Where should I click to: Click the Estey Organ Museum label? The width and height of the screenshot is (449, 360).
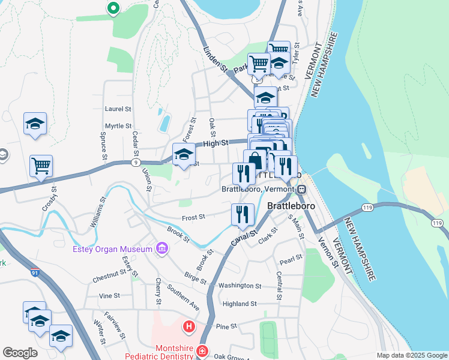tap(112, 250)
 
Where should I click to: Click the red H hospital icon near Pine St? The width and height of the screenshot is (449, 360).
tap(189, 327)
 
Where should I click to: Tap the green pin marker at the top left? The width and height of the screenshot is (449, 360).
tap(112, 8)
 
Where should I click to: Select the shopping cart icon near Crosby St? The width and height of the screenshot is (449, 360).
tap(41, 165)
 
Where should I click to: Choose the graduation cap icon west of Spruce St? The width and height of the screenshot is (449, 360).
tap(35, 124)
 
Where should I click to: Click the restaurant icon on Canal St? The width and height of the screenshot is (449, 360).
tap(243, 214)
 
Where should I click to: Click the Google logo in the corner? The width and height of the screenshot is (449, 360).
tap(20, 353)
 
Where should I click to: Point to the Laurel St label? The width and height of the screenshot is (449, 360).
tap(118, 109)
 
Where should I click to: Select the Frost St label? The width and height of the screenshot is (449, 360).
tap(193, 217)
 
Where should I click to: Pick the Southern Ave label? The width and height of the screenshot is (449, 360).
tap(183, 297)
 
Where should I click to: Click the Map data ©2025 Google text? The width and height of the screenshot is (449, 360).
tap(412, 355)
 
